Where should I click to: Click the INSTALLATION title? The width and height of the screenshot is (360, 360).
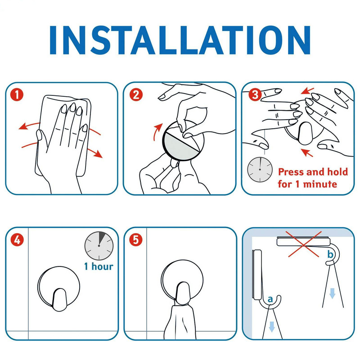[180, 40]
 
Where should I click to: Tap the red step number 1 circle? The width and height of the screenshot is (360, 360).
[17, 94]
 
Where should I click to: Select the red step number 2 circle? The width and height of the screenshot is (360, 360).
[136, 94]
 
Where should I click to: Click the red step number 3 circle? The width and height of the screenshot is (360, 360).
[255, 94]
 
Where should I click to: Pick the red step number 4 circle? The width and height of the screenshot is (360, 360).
[17, 240]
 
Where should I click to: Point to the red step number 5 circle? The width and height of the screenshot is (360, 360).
[136, 240]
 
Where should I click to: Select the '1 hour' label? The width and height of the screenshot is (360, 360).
[99, 266]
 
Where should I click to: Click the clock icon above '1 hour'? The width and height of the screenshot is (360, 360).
[99, 246]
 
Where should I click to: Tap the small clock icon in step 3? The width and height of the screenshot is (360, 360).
[260, 170]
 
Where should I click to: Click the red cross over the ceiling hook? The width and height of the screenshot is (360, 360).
[304, 244]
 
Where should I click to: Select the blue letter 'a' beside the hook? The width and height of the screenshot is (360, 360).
[270, 299]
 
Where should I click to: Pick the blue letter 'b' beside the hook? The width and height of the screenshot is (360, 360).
[330, 254]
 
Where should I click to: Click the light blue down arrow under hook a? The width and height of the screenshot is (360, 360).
[272, 327]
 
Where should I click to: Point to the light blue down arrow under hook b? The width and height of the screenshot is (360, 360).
[332, 293]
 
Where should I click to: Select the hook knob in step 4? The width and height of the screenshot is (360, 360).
[60, 300]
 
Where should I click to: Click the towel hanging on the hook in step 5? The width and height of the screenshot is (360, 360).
[180, 320]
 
